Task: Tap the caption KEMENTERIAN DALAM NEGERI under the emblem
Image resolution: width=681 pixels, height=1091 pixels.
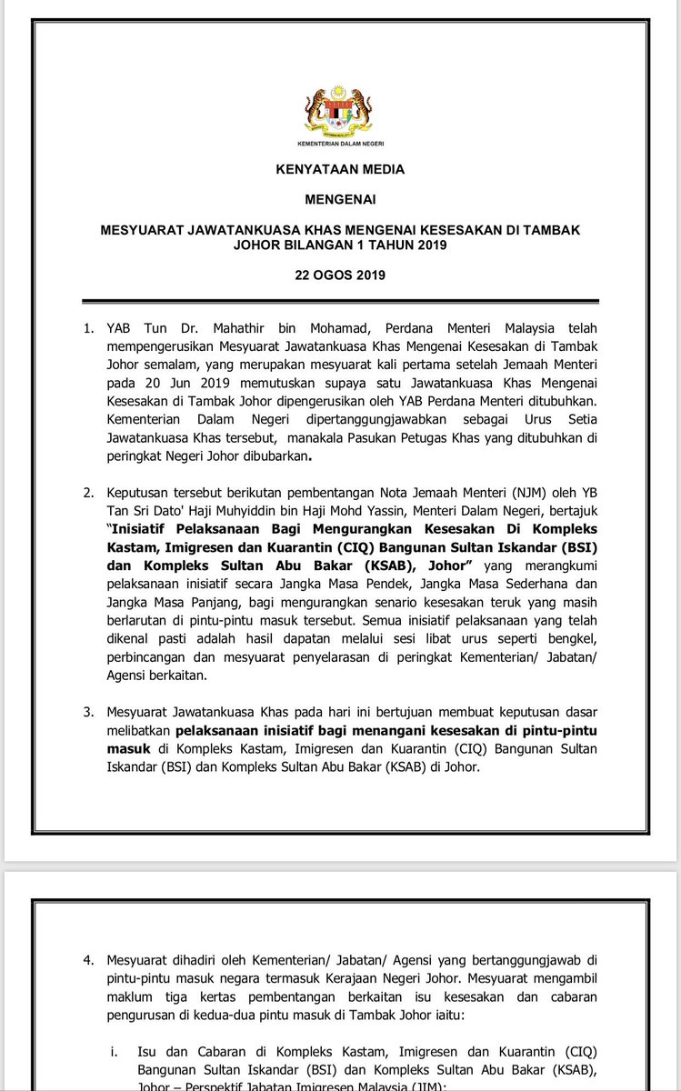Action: [x=339, y=144]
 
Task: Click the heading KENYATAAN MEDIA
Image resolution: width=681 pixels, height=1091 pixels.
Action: [x=339, y=169]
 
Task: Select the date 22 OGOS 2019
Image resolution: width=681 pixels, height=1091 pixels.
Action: [x=339, y=275]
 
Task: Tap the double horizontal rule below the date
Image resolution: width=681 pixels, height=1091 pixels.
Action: [x=339, y=301]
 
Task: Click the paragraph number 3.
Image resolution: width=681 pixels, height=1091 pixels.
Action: [x=89, y=712]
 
